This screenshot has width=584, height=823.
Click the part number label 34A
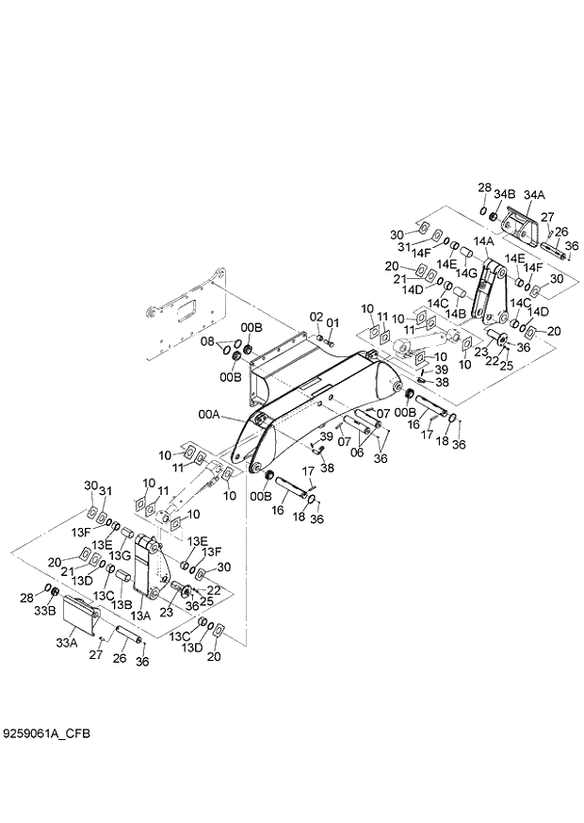[534, 194]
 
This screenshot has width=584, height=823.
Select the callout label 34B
[505, 194]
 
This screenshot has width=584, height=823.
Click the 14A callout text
[484, 242]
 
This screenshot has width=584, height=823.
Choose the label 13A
[139, 615]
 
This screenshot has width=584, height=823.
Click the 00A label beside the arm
[208, 413]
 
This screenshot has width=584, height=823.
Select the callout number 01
[333, 322]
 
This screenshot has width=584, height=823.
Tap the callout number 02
[316, 317]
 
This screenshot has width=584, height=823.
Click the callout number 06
[357, 453]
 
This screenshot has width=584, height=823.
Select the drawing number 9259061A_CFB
[46, 732]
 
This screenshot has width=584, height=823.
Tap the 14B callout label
[457, 313]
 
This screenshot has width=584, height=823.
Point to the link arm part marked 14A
[488, 288]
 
